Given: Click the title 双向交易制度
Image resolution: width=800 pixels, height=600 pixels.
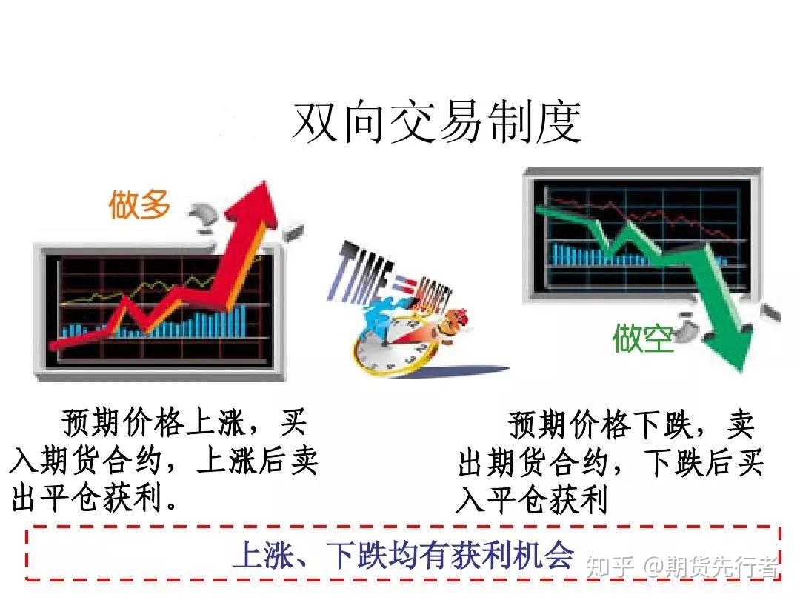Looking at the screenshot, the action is click(437, 122).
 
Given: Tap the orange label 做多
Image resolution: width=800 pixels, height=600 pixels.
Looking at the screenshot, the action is click(139, 204).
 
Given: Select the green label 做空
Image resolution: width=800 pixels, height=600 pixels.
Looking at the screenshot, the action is click(643, 337).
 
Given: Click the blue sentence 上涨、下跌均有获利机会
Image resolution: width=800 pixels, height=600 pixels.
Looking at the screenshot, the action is click(404, 555).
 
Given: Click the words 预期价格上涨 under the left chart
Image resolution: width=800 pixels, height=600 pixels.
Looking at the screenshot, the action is click(153, 424).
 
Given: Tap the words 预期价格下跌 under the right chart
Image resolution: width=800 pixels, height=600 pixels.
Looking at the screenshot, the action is click(601, 425).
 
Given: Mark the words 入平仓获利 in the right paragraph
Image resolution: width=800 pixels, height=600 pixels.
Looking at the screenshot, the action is click(533, 499).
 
